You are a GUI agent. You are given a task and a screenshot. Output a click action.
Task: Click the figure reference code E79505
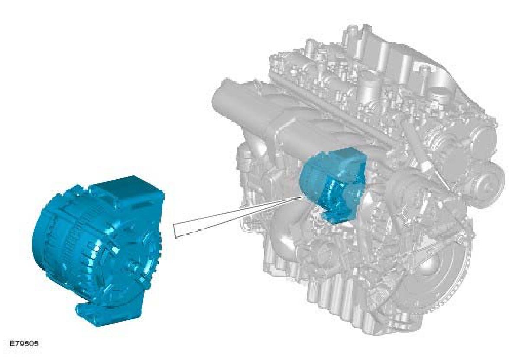tap(23, 344)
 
